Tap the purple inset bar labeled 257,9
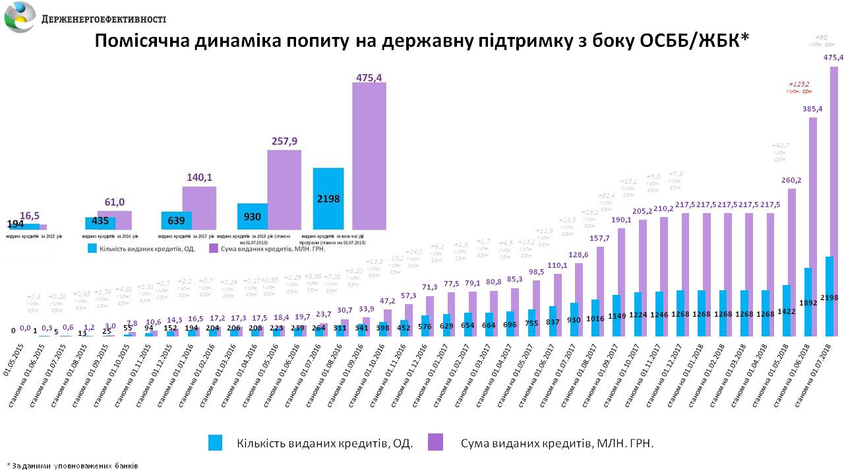pos(284,189)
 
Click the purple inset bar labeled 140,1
pos(199,208)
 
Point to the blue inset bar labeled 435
pos(100,223)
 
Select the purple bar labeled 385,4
pos(813,224)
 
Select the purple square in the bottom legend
pos(435,443)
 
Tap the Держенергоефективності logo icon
pos(20,17)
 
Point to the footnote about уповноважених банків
pos(73,465)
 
